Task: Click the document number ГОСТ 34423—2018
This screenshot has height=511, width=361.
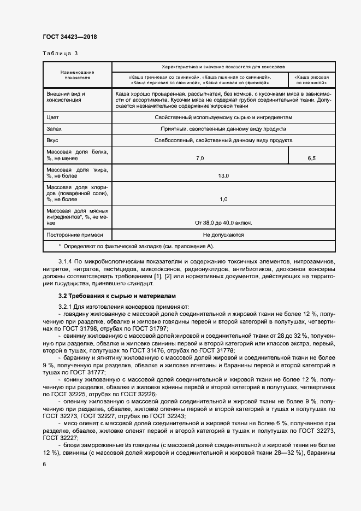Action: coord(69,37)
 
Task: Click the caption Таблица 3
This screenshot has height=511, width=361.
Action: coord(60,54)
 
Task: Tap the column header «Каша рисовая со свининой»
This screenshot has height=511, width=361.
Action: coord(312,80)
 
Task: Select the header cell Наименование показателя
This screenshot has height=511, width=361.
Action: coord(77,75)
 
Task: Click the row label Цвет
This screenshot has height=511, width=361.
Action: coord(53,118)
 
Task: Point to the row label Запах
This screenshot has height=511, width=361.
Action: coord(55,129)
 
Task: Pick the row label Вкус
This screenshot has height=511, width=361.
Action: coord(53,140)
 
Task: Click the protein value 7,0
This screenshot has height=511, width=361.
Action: coord(200,158)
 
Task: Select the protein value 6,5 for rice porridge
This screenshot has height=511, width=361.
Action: coord(312,158)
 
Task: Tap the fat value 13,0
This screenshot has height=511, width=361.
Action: coord(223,175)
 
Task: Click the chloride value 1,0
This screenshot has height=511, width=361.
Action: coord(223,199)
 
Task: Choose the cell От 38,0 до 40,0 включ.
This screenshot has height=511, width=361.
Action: coord(223,223)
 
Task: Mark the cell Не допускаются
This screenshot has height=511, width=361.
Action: coord(223,234)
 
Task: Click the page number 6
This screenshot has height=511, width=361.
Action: coord(44,463)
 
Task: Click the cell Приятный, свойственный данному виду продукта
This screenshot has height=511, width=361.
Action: coord(223,129)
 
